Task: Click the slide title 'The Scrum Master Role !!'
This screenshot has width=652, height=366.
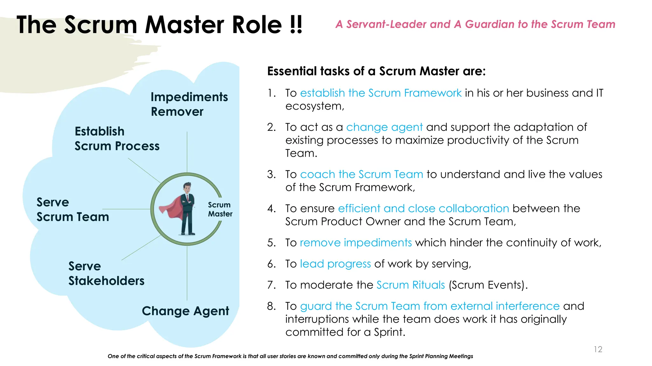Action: [x=159, y=25]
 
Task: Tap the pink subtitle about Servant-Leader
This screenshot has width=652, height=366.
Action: [x=475, y=24]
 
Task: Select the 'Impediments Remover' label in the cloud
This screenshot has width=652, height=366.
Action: [x=189, y=104]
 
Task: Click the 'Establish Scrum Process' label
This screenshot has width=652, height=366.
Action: [x=117, y=139]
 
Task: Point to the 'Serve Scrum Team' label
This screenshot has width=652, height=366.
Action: [x=73, y=209]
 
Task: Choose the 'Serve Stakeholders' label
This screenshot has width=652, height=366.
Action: [x=106, y=273]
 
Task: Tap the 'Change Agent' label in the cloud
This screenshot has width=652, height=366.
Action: [x=185, y=311]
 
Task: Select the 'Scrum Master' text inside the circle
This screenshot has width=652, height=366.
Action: [x=220, y=209]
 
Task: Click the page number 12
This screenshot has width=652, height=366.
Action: [x=598, y=349]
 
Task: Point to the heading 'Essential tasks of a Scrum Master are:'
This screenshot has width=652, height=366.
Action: [x=376, y=71]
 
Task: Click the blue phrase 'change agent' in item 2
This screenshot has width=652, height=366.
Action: [x=384, y=127]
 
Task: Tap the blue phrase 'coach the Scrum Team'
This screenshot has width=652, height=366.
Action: [x=361, y=174]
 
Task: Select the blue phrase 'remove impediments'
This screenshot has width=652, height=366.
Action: [x=356, y=242]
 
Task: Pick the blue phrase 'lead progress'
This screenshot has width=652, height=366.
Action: [x=335, y=264]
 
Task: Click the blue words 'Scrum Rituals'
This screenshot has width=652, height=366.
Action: [x=410, y=285]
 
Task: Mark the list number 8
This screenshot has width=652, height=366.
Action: [x=271, y=306]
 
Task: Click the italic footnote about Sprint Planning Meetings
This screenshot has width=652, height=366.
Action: [x=290, y=356]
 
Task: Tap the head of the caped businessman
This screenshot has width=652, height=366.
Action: [x=187, y=187]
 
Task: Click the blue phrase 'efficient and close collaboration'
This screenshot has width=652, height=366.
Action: [x=423, y=208]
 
